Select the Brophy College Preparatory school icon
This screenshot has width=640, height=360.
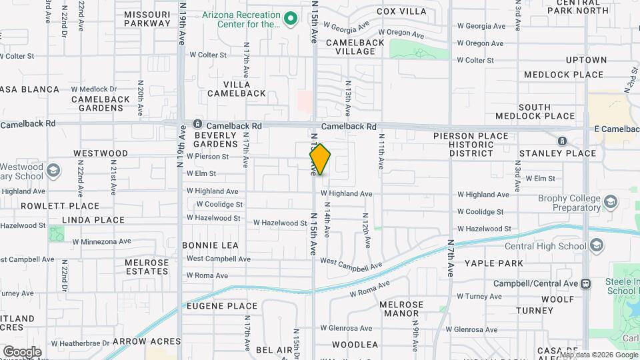610,201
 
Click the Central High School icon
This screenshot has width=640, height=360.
596,246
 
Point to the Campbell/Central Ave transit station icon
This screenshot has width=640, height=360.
585,283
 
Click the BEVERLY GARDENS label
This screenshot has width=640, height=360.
216,139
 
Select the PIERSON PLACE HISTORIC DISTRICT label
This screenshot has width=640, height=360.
471,145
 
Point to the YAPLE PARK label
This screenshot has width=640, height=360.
494,263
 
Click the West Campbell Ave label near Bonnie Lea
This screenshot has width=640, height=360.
218,259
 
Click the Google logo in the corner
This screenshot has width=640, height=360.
22,351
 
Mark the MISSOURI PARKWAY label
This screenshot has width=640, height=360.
147,19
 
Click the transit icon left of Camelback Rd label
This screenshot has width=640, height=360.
197,125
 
